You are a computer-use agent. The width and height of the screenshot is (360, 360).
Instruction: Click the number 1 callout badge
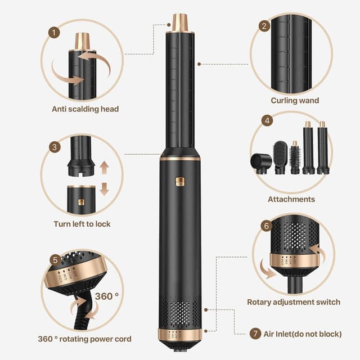pos(54,33)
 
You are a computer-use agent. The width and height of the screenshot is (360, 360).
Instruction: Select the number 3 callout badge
pos(55,147)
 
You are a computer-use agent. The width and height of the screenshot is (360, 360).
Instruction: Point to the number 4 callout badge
pos(268,120)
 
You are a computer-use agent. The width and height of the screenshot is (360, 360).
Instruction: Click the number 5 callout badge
pos(55,260)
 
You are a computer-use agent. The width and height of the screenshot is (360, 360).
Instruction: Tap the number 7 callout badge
pos(255,334)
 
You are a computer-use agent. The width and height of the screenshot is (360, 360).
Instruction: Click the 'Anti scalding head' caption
pos(85,109)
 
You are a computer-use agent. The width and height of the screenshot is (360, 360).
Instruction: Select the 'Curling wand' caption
pos(295,101)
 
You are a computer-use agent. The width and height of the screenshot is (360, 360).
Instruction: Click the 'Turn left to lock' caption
pos(82,224)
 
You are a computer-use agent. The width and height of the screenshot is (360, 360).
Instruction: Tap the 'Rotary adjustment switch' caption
pos(294,302)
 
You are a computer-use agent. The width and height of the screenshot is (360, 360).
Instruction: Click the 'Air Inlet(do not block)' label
pos(303,334)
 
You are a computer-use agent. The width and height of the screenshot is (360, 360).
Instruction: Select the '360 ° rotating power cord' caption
pos(84,339)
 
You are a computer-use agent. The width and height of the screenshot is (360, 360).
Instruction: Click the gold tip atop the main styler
pos(180,22)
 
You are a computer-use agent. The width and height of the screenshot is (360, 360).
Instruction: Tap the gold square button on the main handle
pos(180,181)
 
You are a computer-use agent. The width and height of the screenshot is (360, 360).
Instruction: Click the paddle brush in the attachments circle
pos(280,158)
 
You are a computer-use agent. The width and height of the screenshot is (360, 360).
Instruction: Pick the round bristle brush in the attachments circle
pos(295,160)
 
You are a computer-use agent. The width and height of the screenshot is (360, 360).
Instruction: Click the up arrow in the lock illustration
pos(104,167)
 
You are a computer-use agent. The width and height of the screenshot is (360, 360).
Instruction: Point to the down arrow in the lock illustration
pos(104,188)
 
